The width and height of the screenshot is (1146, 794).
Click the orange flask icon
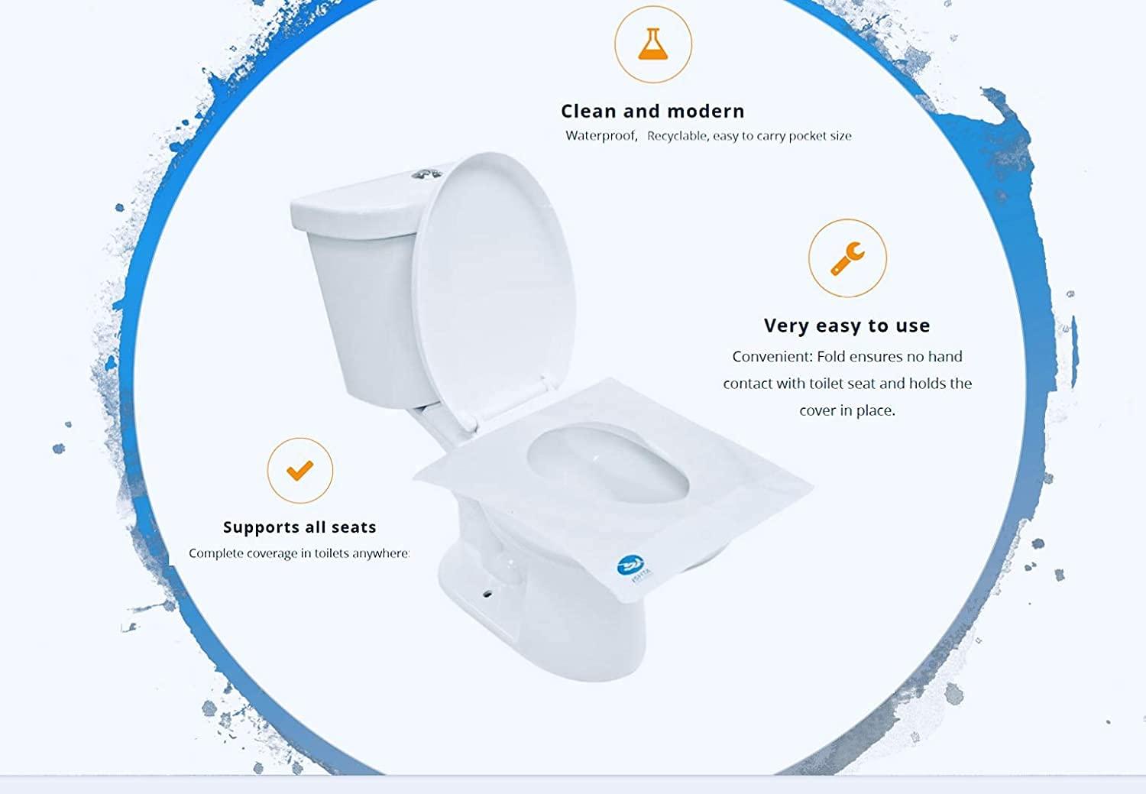[x=652, y=44]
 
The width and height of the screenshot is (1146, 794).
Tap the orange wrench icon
[x=847, y=258]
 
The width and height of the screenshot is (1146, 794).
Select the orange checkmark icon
[x=299, y=471]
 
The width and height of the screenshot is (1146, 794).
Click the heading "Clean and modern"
[x=652, y=111]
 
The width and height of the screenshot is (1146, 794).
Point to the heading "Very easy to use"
[x=847, y=326]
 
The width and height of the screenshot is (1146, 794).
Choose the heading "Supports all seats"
[x=299, y=527]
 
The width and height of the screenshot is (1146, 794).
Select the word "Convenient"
[x=772, y=356]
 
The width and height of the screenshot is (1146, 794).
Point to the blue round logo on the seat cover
[x=630, y=565]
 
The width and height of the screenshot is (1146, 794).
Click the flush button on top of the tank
[x=427, y=175]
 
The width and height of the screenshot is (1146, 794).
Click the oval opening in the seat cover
[x=608, y=463]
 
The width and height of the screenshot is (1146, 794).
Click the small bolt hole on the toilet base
[x=487, y=594]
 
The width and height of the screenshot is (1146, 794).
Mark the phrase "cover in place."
[x=847, y=410]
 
